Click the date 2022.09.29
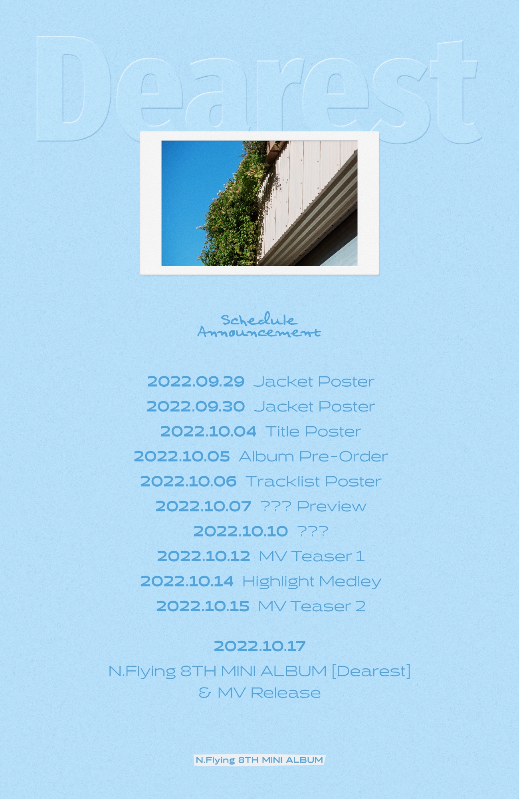click(196, 382)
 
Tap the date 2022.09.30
click(196, 406)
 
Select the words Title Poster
click(313, 431)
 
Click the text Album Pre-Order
click(313, 456)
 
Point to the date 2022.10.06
click(188, 481)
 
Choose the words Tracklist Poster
click(314, 481)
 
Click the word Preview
click(331, 507)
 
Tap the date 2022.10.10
click(241, 531)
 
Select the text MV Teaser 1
click(312, 556)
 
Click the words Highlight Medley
click(312, 582)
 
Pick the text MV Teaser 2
click(312, 606)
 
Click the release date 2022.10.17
click(260, 646)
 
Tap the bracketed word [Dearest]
click(371, 671)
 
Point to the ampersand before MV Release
click(205, 693)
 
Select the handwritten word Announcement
click(259, 332)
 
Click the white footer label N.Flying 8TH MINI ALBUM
click(259, 760)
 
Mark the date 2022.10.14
click(187, 581)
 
